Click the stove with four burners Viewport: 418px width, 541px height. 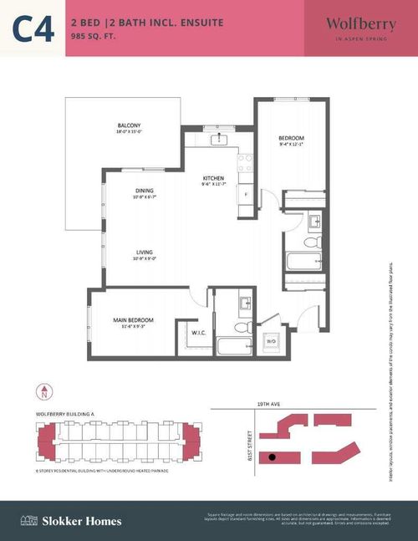[x=245, y=161]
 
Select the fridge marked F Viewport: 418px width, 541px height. [x=246, y=195]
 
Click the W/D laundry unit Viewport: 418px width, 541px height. [x=271, y=342]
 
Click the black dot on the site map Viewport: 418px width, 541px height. [x=272, y=457]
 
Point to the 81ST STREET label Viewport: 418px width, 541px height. [x=248, y=443]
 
